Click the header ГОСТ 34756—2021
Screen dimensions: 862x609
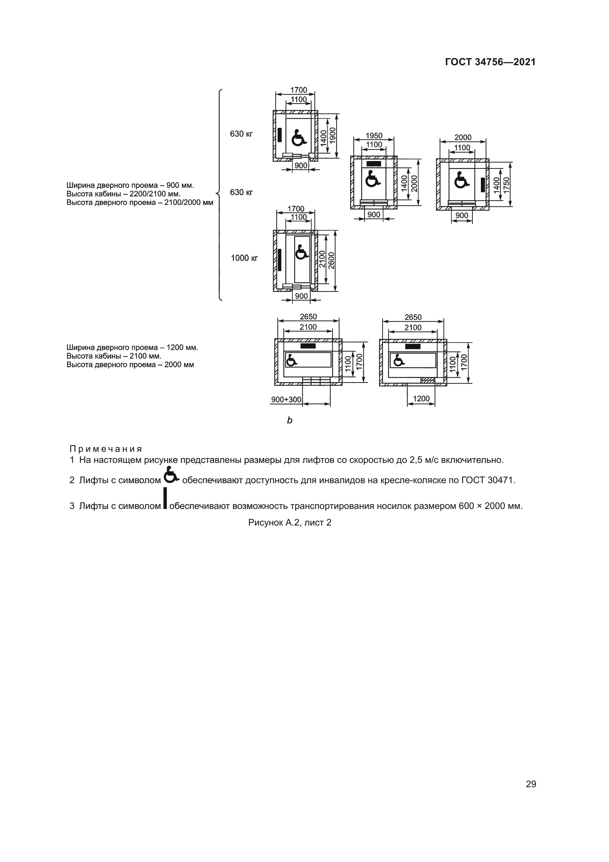point(490,62)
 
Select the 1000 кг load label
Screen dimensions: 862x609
point(244,258)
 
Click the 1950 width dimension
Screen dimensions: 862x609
point(374,136)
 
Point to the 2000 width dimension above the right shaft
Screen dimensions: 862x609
point(463,137)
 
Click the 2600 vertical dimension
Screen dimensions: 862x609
point(331,261)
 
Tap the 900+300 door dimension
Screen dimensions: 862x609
point(286,399)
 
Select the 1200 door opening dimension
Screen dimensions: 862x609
point(421,398)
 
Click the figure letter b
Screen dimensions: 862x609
point(289,420)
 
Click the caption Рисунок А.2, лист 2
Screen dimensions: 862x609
point(289,523)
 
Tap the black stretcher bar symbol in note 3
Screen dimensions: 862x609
point(165,498)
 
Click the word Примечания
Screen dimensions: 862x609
point(106,449)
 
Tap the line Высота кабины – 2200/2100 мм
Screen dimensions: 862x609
point(123,194)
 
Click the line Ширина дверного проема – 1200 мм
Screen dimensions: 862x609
point(132,347)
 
